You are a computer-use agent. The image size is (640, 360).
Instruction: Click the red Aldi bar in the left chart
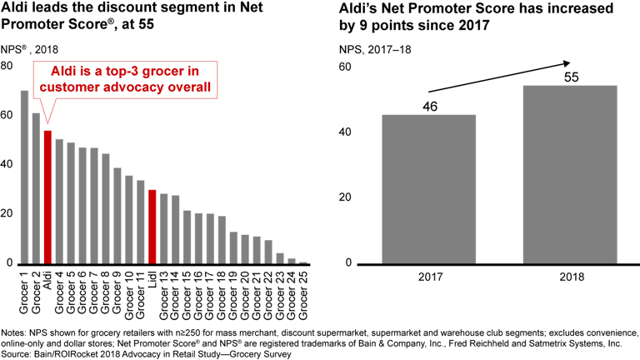tap(47, 197)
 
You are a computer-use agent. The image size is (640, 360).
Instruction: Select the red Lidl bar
tap(152, 227)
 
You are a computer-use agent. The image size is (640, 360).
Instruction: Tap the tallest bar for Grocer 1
tap(24, 177)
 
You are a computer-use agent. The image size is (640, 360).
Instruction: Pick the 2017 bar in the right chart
tap(429, 189)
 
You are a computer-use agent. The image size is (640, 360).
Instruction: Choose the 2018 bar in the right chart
tap(571, 174)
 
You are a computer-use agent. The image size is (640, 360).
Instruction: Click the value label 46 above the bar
tap(429, 107)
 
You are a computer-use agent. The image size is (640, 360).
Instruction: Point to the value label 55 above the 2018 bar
tap(571, 77)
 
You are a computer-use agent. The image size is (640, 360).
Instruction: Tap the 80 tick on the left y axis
tap(7, 66)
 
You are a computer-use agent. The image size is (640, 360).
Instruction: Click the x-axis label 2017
tap(429, 275)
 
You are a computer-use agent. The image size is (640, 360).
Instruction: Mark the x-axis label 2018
tap(571, 275)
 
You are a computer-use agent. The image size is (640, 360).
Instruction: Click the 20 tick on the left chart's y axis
tap(7, 214)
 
